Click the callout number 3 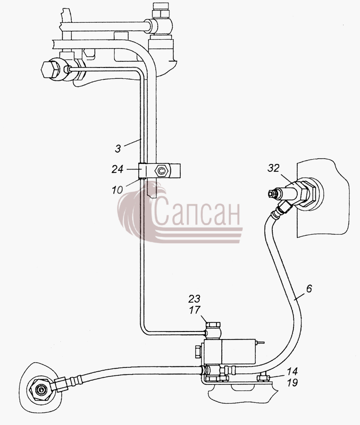pyautogui.click(x=118, y=149)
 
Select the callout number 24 pyautogui.click(x=117, y=170)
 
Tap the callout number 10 pyautogui.click(x=117, y=190)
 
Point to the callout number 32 pyautogui.click(x=273, y=168)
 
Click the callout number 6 pyautogui.click(x=309, y=288)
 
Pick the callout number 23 pyautogui.click(x=194, y=299)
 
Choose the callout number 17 pyautogui.click(x=194, y=309)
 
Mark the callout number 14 pyautogui.click(x=292, y=371)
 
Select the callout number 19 pyautogui.click(x=292, y=382)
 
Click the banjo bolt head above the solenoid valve pyautogui.click(x=213, y=324)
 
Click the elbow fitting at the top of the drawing pyautogui.click(x=160, y=26)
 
